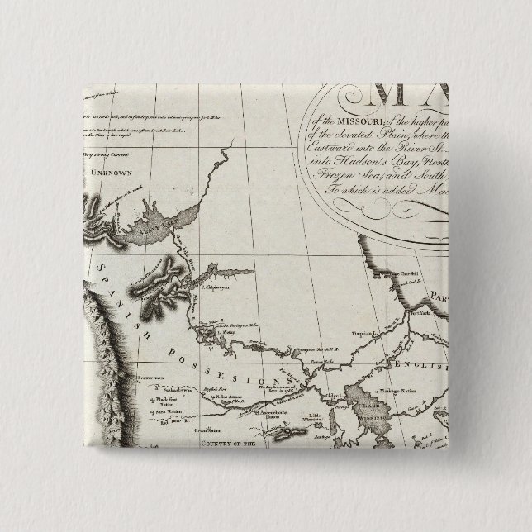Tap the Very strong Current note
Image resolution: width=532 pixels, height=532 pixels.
point(107,150)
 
